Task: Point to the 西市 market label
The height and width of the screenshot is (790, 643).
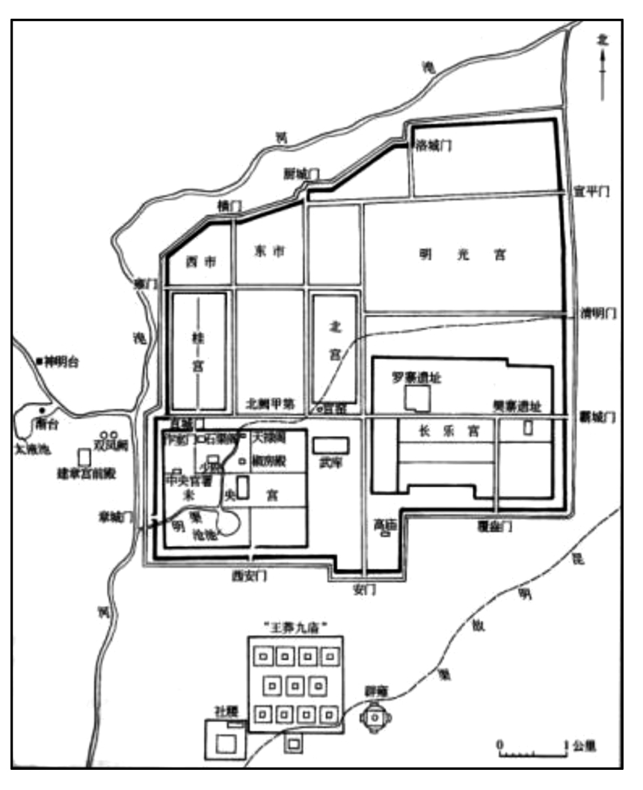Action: [199, 262]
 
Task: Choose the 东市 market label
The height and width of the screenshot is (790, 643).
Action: [270, 252]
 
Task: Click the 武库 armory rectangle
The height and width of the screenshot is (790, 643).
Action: [330, 445]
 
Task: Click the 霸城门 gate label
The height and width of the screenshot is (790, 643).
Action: [595, 417]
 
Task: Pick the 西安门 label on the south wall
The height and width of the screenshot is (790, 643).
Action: [248, 575]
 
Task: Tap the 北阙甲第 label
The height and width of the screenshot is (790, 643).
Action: [271, 402]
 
